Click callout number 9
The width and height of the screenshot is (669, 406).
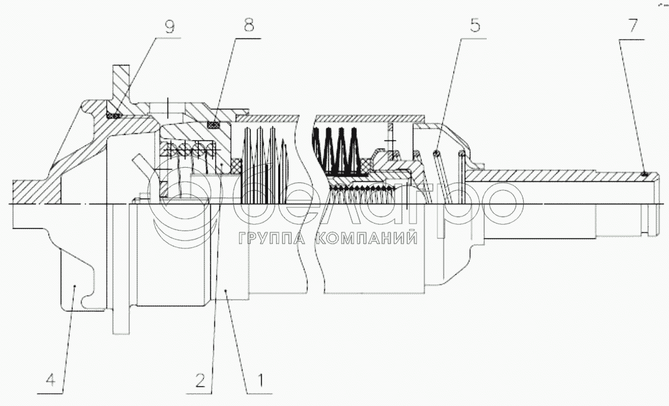(169, 28)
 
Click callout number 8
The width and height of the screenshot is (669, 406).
(248, 26)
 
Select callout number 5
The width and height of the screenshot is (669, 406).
(474, 26)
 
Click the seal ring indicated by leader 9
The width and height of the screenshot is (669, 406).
(115, 115)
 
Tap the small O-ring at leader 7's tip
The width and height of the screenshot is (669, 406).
(645, 173)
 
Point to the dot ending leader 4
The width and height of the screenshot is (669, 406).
(75, 286)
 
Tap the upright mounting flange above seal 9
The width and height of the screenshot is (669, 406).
(121, 80)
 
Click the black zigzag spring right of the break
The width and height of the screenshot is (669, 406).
(335, 151)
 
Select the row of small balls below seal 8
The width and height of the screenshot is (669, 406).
(189, 151)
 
